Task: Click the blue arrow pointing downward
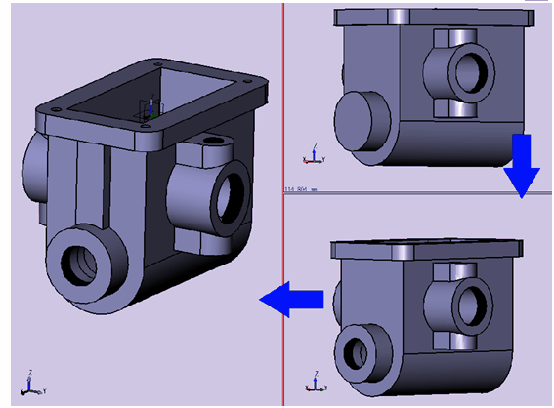pos(521,166)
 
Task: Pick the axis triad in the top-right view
pos(311,154)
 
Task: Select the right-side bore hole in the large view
pos(233,195)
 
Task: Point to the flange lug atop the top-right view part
pos(403,18)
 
